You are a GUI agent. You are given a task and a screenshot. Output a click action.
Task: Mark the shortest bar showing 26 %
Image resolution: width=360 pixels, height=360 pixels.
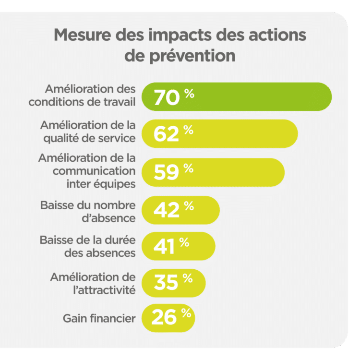[168, 318]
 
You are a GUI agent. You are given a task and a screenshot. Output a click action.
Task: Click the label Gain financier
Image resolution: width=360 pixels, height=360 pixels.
[99, 318]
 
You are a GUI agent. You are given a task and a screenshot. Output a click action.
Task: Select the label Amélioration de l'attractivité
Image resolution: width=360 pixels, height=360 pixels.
[93, 283]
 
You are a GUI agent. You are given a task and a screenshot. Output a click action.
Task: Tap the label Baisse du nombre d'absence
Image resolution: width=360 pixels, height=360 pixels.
[88, 211]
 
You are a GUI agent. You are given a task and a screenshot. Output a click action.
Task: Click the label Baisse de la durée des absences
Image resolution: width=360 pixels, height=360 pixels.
[88, 247]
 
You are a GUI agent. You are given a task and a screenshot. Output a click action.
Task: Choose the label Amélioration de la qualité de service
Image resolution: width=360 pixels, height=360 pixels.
[88, 132]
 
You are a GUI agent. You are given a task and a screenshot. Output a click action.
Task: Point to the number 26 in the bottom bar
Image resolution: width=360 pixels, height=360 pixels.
[165, 318]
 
